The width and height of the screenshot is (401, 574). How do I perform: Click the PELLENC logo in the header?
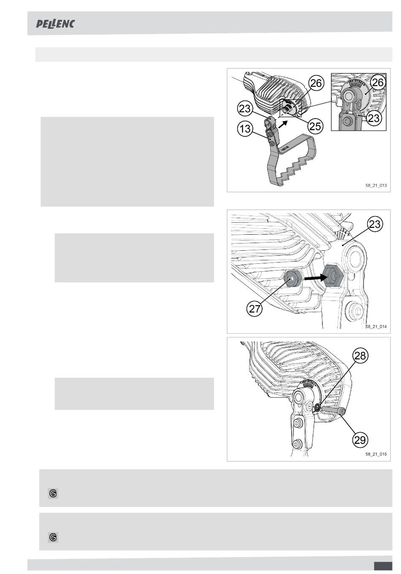pyautogui.click(x=55, y=24)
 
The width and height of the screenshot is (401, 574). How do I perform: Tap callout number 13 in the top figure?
pyautogui.click(x=245, y=128)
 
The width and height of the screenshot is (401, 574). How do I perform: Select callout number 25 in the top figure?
pyautogui.click(x=315, y=126)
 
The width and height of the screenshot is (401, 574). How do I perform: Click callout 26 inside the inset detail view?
pyautogui.click(x=378, y=82)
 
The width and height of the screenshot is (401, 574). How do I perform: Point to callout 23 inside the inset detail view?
pyautogui.click(x=374, y=118)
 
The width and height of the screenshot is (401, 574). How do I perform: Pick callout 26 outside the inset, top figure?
pyautogui.click(x=316, y=83)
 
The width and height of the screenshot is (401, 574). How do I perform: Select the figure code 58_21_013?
pyautogui.click(x=376, y=185)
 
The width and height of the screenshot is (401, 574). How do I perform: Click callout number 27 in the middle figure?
pyautogui.click(x=255, y=309)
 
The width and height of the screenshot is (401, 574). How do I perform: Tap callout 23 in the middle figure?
pyautogui.click(x=375, y=224)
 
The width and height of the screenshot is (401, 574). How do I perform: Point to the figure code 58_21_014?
pyautogui.click(x=376, y=327)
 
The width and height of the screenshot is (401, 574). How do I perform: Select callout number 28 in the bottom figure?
pyautogui.click(x=360, y=355)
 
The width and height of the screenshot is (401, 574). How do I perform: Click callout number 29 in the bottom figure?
pyautogui.click(x=360, y=440)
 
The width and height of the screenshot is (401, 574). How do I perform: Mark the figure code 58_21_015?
pyautogui.click(x=376, y=454)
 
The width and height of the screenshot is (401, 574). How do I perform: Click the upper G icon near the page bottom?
pyautogui.click(x=53, y=493)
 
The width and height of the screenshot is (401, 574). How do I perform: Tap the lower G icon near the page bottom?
pyautogui.click(x=53, y=537)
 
